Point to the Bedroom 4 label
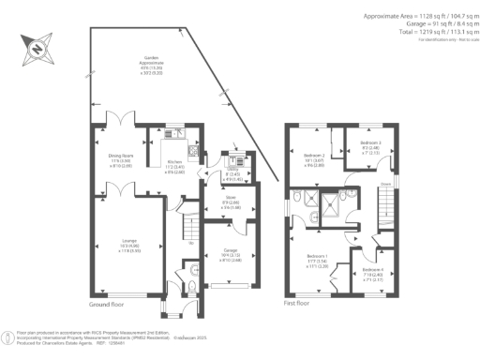[372, 273]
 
